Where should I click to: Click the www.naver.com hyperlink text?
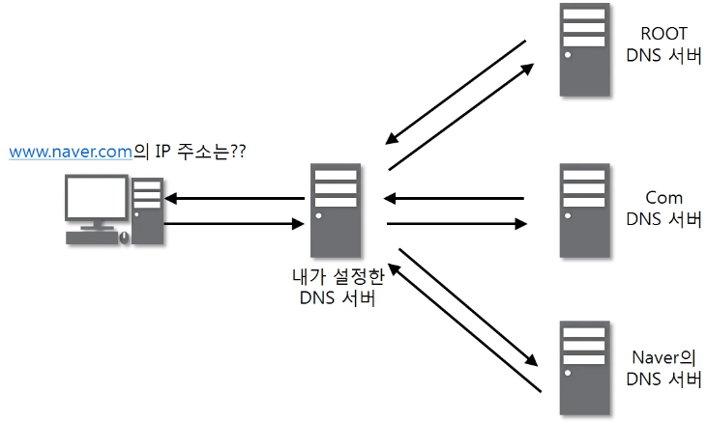[69, 152]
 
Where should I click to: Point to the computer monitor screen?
[96, 202]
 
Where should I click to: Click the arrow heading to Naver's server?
[466, 306]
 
